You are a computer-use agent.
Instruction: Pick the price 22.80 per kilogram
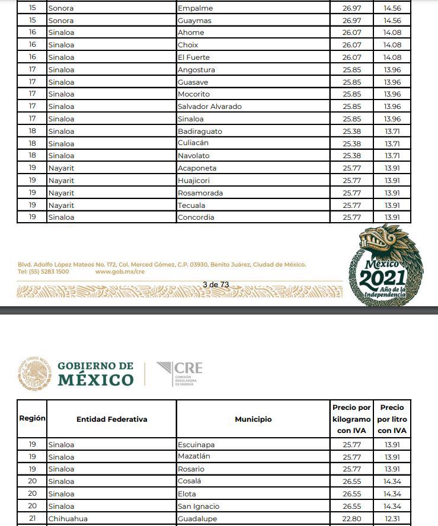coord(351,519)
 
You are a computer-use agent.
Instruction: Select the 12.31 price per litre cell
coord(392,519)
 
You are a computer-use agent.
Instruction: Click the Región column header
coord(32,418)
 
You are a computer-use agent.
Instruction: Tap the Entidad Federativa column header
coord(111,419)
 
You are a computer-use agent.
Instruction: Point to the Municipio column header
coord(253,419)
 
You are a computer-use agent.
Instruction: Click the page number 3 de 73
coord(216,285)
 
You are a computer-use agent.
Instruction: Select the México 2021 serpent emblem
coord(385,265)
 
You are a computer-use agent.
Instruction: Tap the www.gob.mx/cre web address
coord(120,272)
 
